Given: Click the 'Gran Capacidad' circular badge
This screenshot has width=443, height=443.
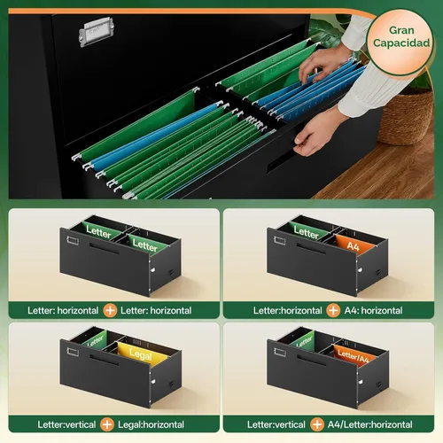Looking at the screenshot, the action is click(x=400, y=43).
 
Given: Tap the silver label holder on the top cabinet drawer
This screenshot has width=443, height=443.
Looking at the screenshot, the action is click(x=97, y=31).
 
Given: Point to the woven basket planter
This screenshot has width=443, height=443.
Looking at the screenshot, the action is click(x=406, y=117).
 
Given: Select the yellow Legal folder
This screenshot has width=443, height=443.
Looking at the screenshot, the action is click(x=143, y=353).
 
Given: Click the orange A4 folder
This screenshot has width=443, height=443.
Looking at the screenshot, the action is click(x=354, y=245).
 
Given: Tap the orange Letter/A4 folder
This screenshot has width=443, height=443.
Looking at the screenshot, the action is click(x=353, y=356).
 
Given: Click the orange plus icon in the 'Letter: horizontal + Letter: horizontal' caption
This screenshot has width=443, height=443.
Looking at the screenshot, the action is click(x=110, y=310).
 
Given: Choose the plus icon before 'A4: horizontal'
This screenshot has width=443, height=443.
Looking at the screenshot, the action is click(x=333, y=310).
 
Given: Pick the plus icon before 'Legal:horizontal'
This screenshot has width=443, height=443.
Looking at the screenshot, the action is click(x=107, y=424).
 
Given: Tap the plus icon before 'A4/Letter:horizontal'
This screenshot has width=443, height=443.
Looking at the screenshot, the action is click(x=317, y=424).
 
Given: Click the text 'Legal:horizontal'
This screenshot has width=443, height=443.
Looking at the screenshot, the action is click(x=151, y=424).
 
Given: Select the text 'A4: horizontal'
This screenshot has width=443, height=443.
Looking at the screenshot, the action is click(x=373, y=310).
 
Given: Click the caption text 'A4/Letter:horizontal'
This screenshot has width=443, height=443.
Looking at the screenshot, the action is click(x=370, y=424).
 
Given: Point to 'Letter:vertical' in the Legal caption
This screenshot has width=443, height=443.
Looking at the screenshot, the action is click(x=66, y=424).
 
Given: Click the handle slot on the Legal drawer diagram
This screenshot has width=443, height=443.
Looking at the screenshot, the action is click(x=104, y=361).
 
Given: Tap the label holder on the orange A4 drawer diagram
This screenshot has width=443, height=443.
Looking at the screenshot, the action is click(x=279, y=241).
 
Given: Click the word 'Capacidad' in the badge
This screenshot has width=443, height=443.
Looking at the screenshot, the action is click(x=401, y=43).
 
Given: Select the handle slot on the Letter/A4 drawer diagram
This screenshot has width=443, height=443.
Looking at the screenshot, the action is click(x=311, y=361).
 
